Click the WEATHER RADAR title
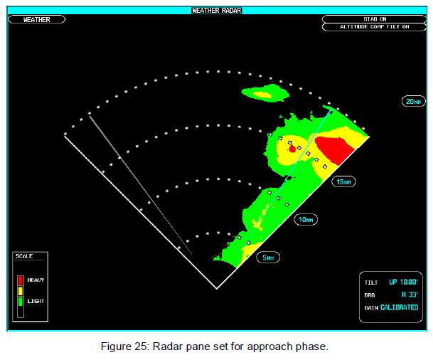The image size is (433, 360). [x=217, y=11]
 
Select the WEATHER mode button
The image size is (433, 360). [x=37, y=20]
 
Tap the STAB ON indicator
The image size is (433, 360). [x=375, y=19]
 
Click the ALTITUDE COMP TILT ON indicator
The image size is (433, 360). [x=375, y=27]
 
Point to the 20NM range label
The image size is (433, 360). [x=413, y=102]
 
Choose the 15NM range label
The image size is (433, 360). [x=343, y=182]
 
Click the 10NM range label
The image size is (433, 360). [x=306, y=220]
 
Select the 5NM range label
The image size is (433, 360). [x=268, y=258]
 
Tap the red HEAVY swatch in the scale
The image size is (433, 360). [x=21, y=280]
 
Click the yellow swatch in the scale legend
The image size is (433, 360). [x=21, y=291]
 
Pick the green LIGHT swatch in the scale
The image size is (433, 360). [x=21, y=301]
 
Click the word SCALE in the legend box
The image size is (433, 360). [x=24, y=256]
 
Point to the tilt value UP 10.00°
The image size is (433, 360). [x=403, y=282]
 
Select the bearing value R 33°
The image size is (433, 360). [x=410, y=295]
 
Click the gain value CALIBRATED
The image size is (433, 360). [x=400, y=307]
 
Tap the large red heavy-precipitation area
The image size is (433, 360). [x=335, y=149]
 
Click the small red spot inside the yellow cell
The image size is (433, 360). [x=292, y=149]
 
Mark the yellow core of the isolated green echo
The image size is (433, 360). [x=262, y=95]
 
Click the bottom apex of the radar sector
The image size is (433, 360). [x=217, y=289]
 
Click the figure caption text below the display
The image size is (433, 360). [x=215, y=346]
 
